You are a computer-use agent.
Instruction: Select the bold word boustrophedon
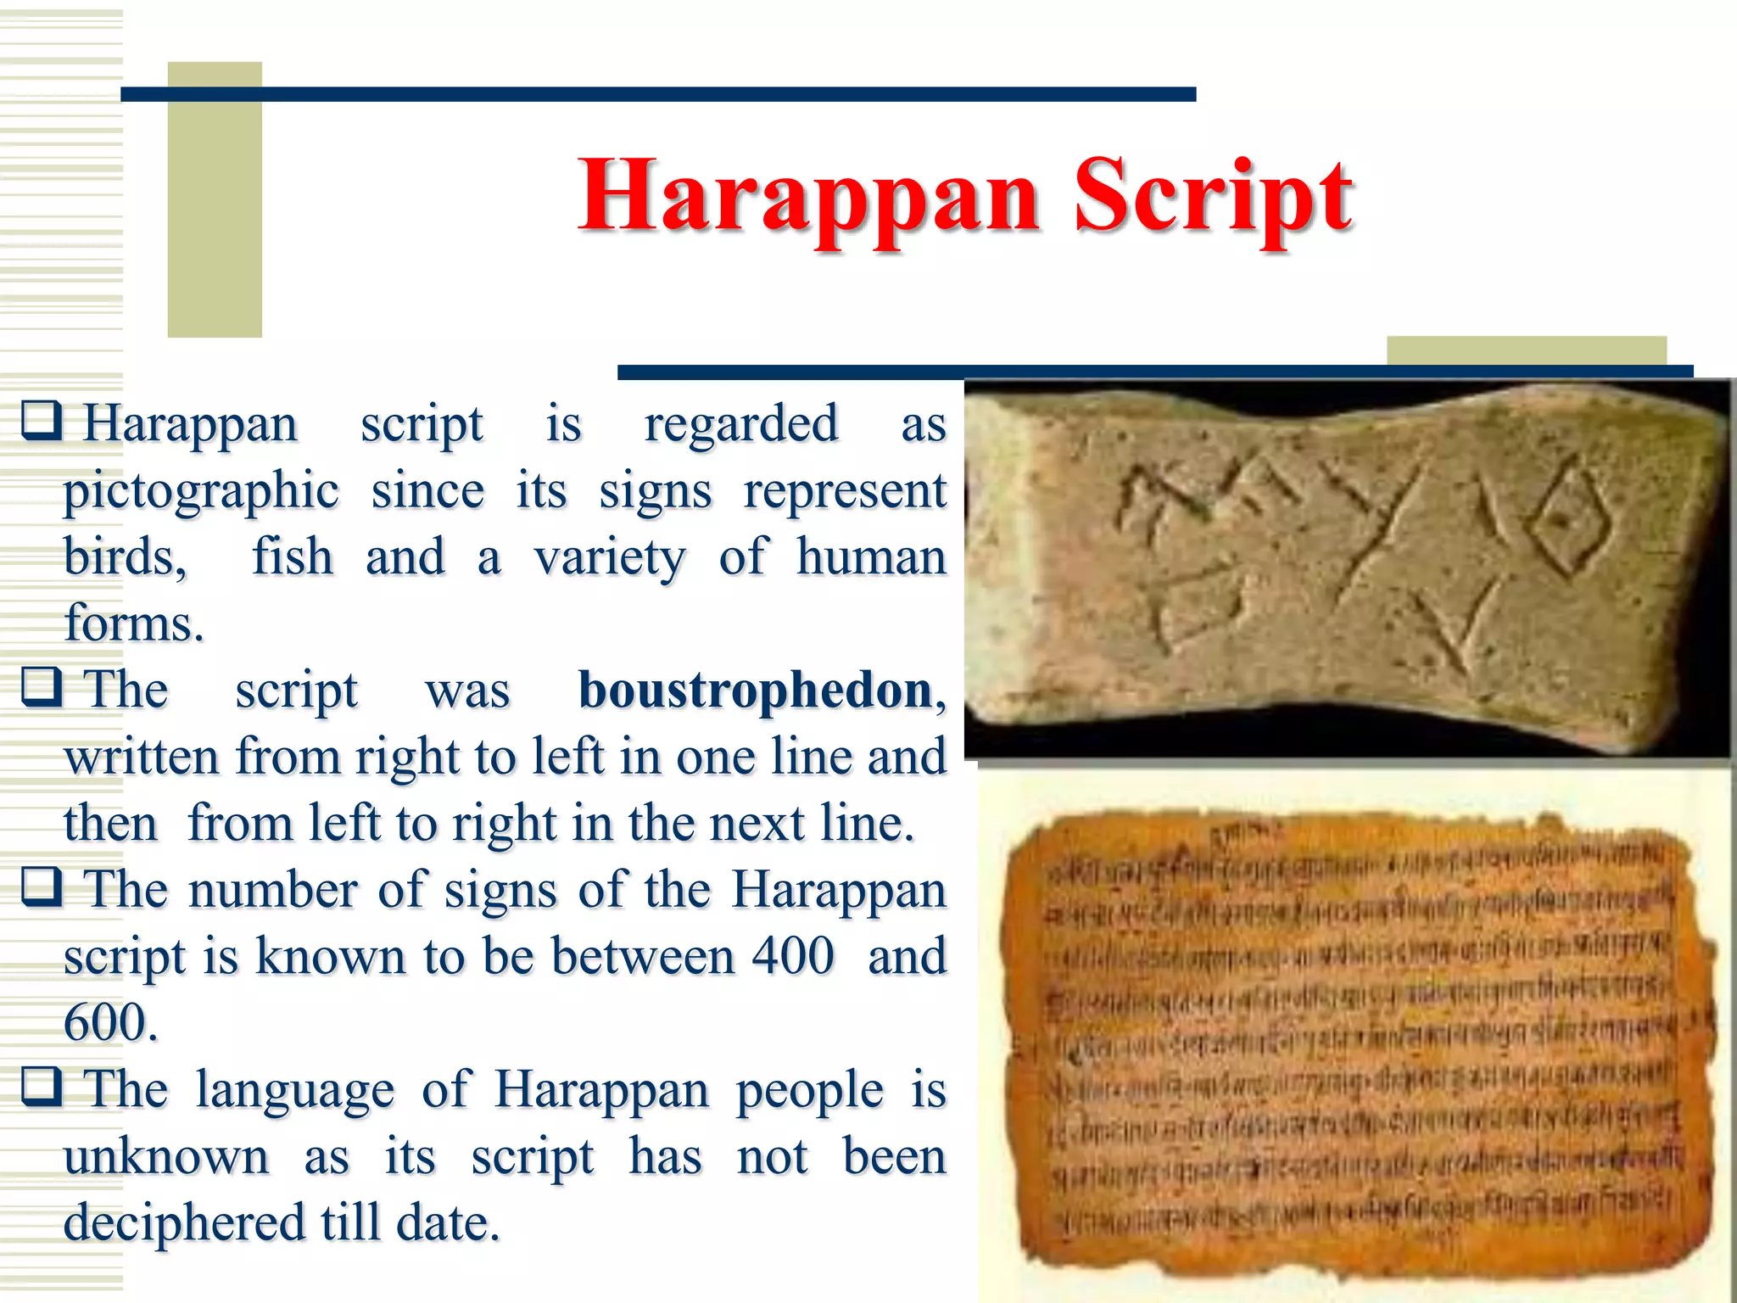pyautogui.click(x=756, y=690)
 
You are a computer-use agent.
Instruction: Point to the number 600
pyautogui.click(x=109, y=1022)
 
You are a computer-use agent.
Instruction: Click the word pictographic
pyautogui.click(x=202, y=490)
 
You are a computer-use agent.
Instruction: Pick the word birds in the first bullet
pyautogui.click(x=123, y=557)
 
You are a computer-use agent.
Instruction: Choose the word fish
pyautogui.click(x=293, y=557)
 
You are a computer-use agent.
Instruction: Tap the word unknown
pyautogui.click(x=166, y=1156)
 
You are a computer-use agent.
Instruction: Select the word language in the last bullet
pyautogui.click(x=295, y=1090)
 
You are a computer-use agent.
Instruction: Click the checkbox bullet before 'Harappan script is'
pyautogui.click(x=42, y=420)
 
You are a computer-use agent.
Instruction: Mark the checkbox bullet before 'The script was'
pyautogui.click(x=42, y=686)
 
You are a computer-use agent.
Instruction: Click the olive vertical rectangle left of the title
pyautogui.click(x=215, y=199)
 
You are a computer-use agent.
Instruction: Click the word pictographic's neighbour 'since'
pyautogui.click(x=427, y=490)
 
